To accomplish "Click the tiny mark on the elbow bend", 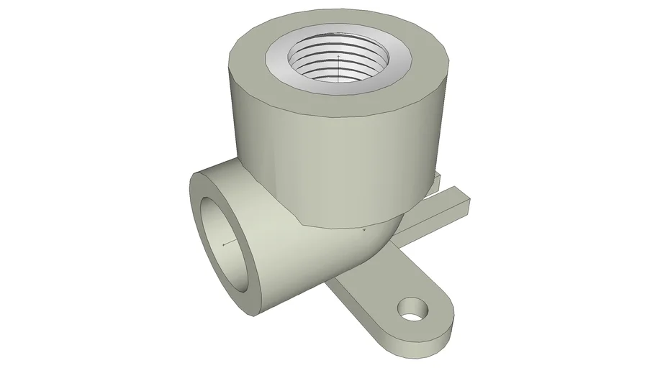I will tap(365, 229).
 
